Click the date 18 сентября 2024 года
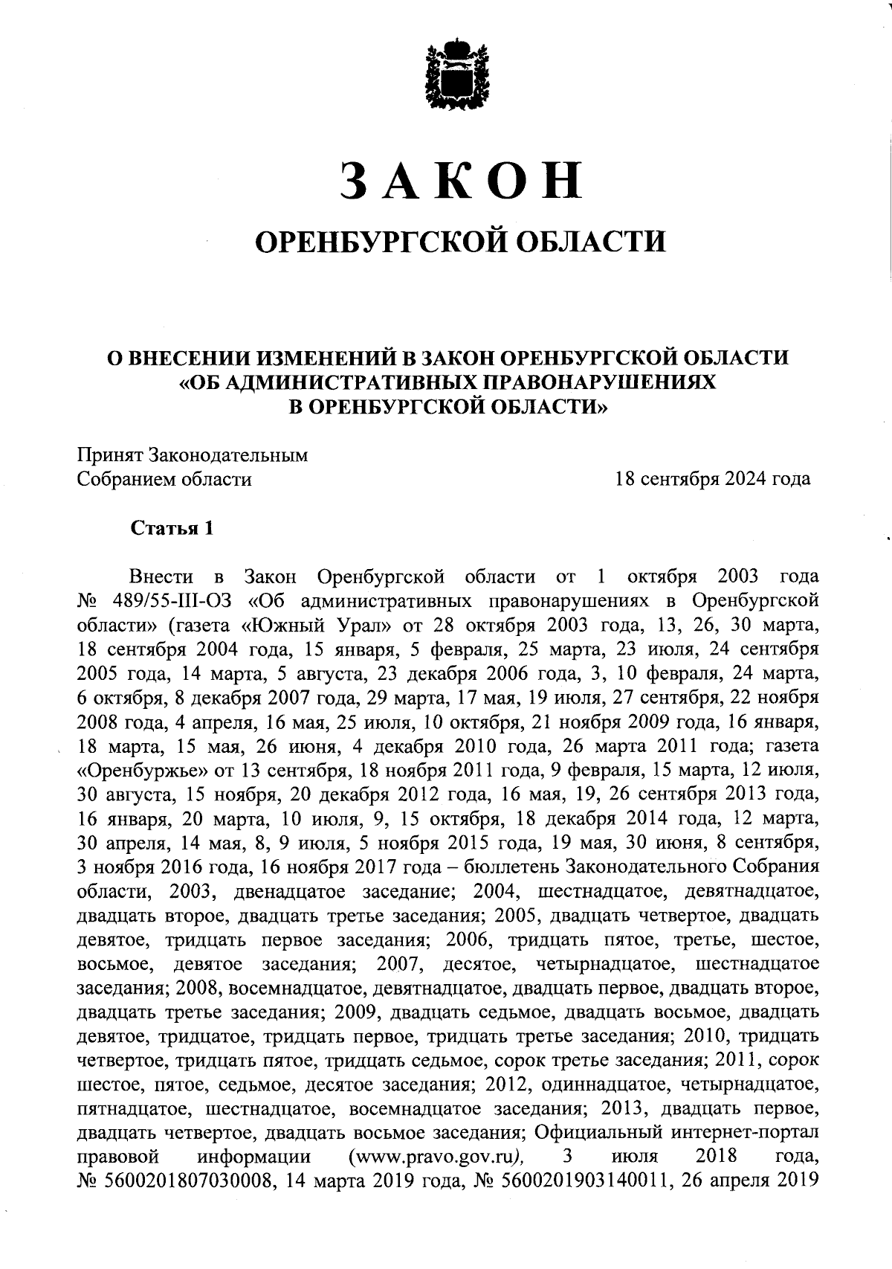coord(712,480)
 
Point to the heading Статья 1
coord(172,528)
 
